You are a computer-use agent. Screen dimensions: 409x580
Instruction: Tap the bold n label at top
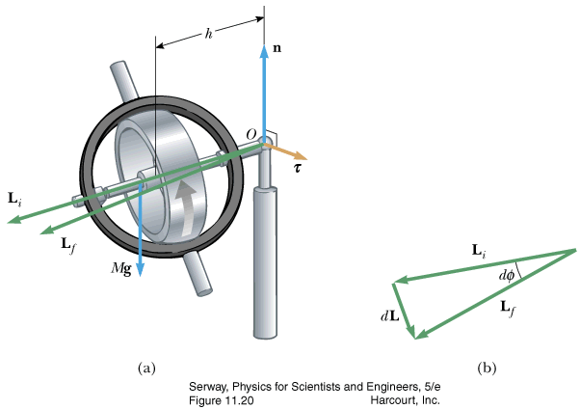tap(278, 46)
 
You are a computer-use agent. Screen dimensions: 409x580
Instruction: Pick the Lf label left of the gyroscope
tap(67, 245)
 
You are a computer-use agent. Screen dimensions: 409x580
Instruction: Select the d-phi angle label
tap(509, 276)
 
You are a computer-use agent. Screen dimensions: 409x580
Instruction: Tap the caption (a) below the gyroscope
tap(146, 368)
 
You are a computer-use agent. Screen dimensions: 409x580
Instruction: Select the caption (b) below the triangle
tap(487, 368)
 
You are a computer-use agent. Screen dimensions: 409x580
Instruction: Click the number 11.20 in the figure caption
tap(236, 398)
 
